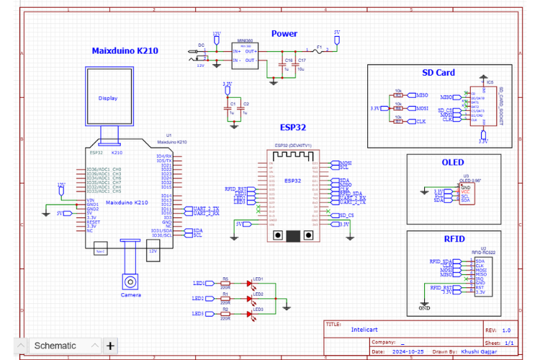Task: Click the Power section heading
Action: [284, 33]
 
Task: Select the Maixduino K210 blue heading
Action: [125, 51]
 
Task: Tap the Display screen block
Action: [108, 98]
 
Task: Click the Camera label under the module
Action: [131, 294]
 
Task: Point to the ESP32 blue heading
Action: [293, 127]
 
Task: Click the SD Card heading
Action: [438, 73]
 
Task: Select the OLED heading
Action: [453, 163]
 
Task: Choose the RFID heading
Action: [454, 238]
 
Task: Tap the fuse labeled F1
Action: [319, 50]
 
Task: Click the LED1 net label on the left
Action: [199, 283]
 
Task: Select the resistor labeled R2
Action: [225, 313]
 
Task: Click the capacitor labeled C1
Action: [231, 108]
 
